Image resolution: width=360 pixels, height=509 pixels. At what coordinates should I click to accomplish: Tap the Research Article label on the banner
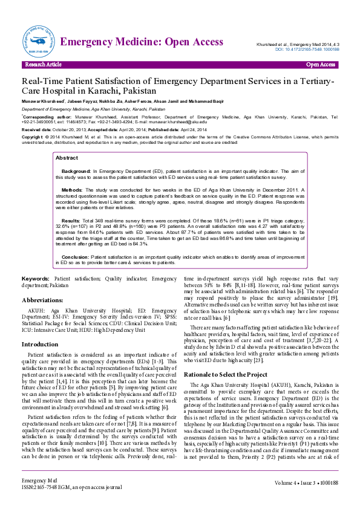(43, 65)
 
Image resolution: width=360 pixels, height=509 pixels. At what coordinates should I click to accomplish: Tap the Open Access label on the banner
(320, 65)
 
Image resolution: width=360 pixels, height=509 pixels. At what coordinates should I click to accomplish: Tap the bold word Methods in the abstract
(72, 190)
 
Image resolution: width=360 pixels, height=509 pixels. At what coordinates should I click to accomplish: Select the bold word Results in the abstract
(71, 221)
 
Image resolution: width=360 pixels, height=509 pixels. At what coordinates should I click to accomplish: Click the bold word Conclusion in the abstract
(75, 257)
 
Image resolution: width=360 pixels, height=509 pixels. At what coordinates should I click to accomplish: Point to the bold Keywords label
(36, 279)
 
